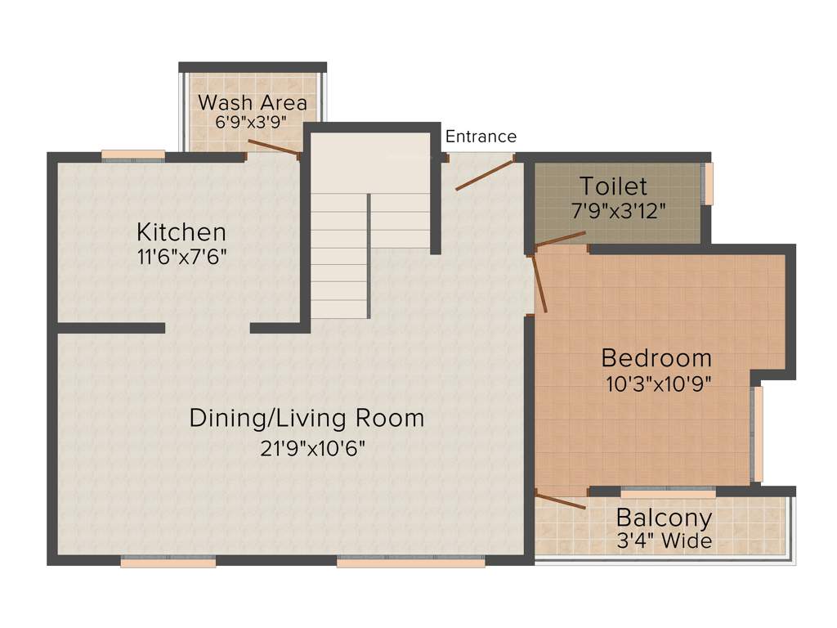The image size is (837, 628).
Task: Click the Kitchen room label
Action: (181, 231)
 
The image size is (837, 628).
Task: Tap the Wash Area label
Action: (253, 103)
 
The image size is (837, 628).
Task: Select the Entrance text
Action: (481, 137)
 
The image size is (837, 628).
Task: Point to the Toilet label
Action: (613, 186)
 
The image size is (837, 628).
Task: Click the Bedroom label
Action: (656, 358)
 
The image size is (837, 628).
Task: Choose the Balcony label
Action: (664, 518)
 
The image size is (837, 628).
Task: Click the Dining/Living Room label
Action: (307, 418)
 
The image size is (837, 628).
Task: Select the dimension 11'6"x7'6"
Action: (181, 256)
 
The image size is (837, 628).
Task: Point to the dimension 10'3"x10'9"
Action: (658, 384)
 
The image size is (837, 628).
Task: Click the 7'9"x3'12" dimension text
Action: (618, 209)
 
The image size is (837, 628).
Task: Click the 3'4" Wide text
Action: (664, 541)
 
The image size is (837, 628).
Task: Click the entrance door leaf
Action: (484, 175)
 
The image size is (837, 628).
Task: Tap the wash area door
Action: (274, 147)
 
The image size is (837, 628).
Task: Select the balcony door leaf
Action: (561, 501)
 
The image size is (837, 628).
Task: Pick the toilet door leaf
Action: (561, 239)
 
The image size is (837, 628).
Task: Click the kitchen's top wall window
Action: (133, 154)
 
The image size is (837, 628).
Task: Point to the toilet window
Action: (709, 184)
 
